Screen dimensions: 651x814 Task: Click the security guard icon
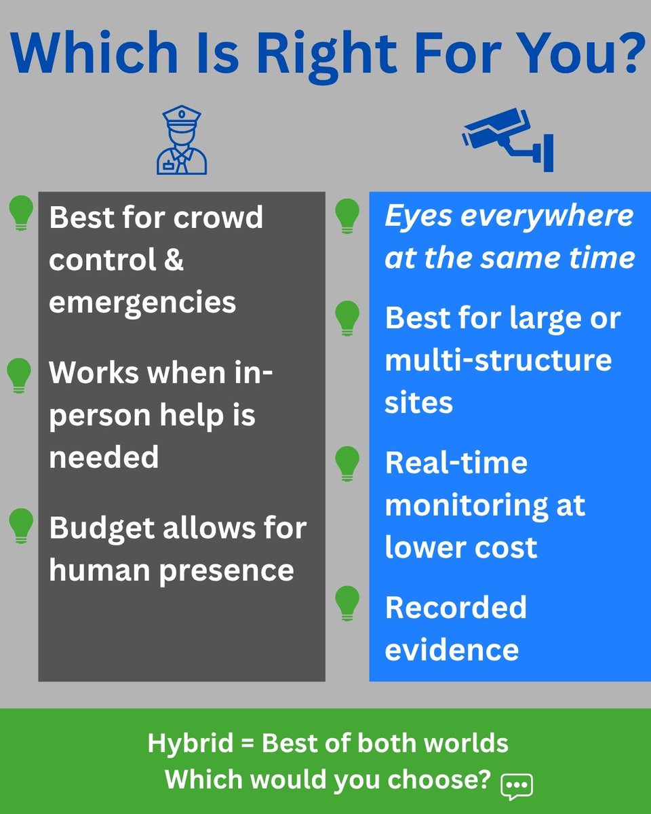tap(181, 141)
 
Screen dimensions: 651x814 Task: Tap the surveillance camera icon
tap(509, 140)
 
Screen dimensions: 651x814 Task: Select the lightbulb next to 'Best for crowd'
tap(21, 212)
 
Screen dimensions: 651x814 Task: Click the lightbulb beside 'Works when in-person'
tap(19, 375)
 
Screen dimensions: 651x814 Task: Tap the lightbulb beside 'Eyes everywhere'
tap(348, 216)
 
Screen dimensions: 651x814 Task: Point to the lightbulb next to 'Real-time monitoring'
tap(348, 463)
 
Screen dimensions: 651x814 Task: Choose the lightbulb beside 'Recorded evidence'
tap(348, 603)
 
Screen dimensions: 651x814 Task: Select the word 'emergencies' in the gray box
tap(142, 303)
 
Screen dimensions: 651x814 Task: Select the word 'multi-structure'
tap(498, 360)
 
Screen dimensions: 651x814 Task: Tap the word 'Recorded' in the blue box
tap(456, 607)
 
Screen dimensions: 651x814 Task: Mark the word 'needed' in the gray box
tap(103, 457)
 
